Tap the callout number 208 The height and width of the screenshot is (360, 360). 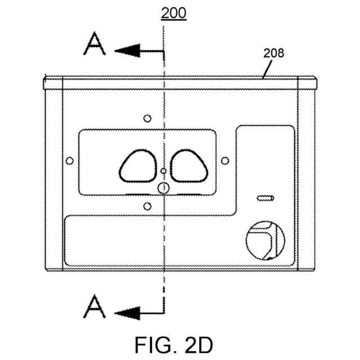point(274,54)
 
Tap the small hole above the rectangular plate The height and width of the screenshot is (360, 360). point(147,118)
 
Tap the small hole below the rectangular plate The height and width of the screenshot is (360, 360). point(147,205)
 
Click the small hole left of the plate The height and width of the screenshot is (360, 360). point(70,161)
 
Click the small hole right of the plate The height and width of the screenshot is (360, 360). point(225,161)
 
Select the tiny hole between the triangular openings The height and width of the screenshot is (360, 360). point(163,170)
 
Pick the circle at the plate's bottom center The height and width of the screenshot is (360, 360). point(163,188)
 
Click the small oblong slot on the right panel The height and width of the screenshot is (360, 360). point(264,198)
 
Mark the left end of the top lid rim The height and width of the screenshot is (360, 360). point(44,83)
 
